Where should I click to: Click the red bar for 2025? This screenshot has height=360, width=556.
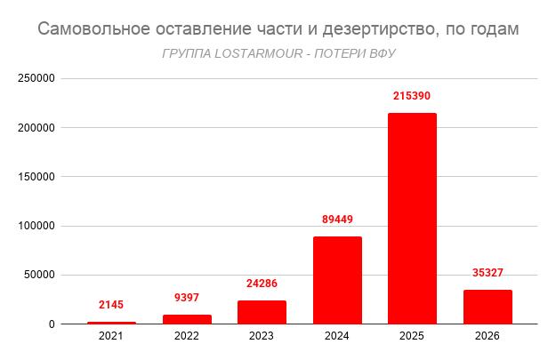coord(412,219)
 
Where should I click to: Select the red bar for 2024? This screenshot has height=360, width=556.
coord(337,280)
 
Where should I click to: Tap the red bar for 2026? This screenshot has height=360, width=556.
coord(488,307)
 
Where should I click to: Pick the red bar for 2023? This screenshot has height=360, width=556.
coord(262,312)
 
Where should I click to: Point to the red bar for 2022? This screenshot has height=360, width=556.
coord(186,319)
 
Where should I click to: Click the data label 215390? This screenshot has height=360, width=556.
coord(412,95)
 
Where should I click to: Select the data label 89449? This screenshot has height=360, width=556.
coord(337,219)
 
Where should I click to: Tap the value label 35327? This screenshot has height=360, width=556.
coord(488,272)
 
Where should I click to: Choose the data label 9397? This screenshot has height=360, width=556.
coord(186,297)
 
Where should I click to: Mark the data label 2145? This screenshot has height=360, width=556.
coord(111,304)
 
